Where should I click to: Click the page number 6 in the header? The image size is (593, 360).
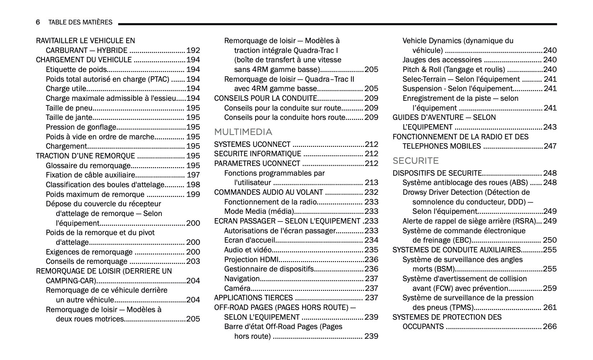(38, 22)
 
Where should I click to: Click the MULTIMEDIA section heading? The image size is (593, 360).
(243, 132)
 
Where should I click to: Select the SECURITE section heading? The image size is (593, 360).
(415, 161)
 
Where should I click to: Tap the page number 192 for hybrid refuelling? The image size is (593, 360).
(193, 50)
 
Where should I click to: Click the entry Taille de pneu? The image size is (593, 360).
(69, 108)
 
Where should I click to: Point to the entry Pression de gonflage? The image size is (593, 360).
(81, 127)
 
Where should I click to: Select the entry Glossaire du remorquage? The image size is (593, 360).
(88, 166)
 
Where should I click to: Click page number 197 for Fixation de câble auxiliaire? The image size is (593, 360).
(193, 175)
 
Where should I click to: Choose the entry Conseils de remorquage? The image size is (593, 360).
(86, 262)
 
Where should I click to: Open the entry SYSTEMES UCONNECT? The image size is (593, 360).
(252, 144)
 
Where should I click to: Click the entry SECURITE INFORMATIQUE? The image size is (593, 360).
(257, 154)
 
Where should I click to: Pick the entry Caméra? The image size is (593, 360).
(237, 288)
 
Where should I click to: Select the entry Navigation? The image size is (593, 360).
(242, 279)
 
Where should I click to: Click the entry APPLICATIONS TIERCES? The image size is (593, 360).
(253, 298)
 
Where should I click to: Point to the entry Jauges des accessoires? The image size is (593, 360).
(442, 60)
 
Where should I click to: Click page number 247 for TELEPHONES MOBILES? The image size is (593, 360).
(550, 146)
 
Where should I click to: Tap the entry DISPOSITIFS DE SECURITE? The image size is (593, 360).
(437, 173)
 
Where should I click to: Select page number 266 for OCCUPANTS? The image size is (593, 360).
(550, 327)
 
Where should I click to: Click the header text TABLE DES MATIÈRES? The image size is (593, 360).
(80, 22)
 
